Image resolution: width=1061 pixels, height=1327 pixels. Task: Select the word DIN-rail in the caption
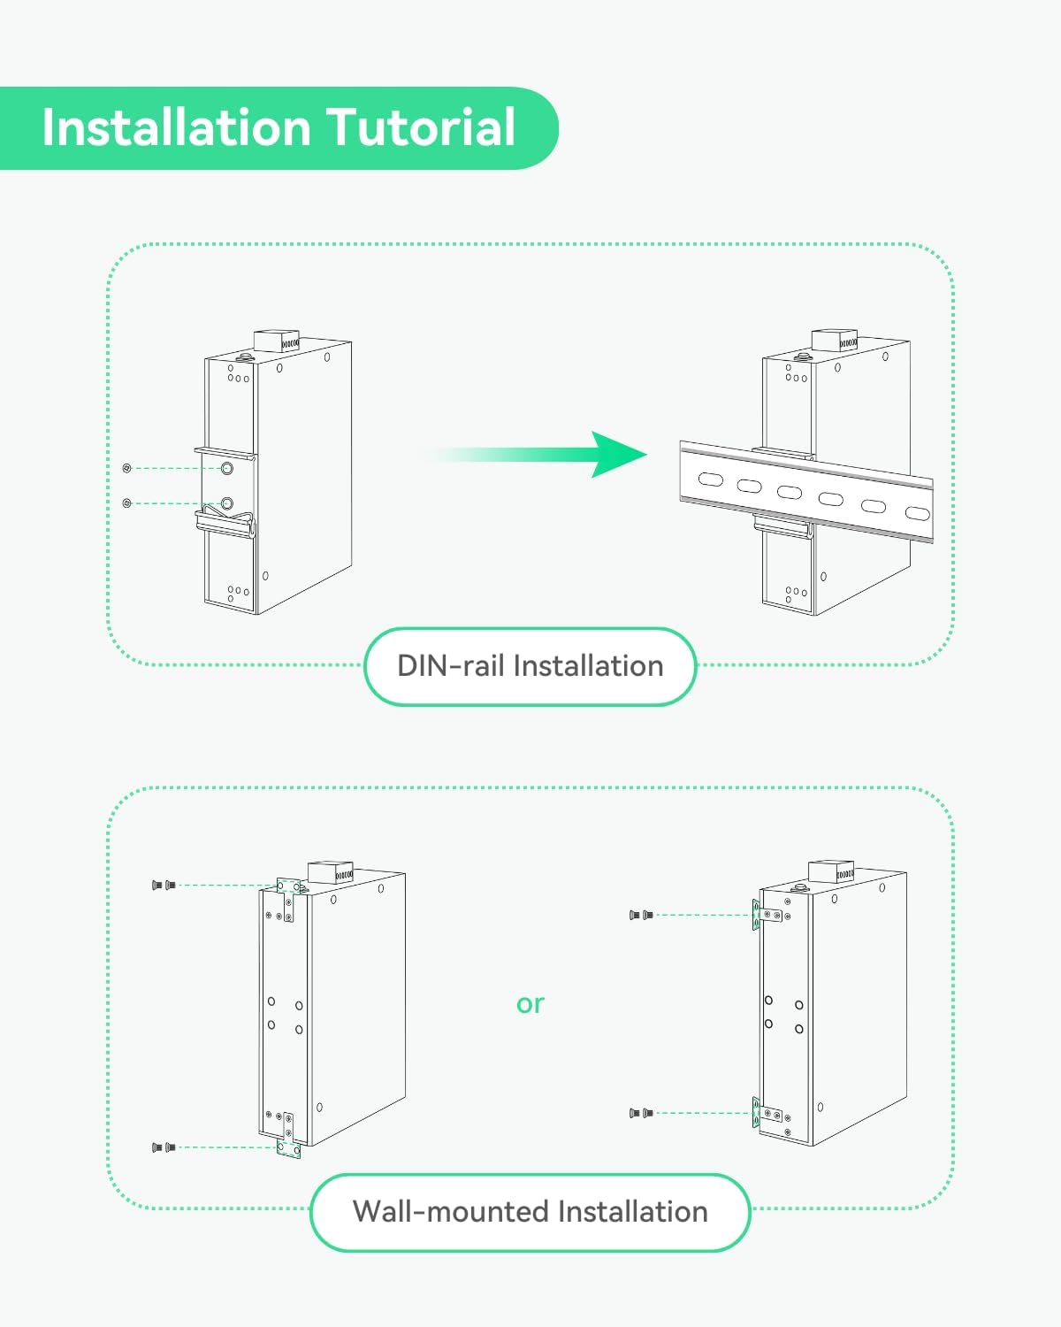click(x=450, y=665)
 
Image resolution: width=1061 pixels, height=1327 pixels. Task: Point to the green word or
click(x=530, y=1003)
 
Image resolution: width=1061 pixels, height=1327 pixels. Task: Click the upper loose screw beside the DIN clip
click(x=127, y=467)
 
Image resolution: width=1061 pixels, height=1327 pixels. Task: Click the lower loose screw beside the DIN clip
click(x=127, y=502)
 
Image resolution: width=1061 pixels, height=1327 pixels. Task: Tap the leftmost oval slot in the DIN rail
click(x=710, y=479)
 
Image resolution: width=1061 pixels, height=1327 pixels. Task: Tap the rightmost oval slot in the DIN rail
click(x=917, y=513)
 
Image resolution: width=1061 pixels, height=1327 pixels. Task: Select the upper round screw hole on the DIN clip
click(x=227, y=468)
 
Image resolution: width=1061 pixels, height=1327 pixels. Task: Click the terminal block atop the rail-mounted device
click(x=834, y=341)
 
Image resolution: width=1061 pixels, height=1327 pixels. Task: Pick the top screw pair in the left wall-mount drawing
click(x=164, y=885)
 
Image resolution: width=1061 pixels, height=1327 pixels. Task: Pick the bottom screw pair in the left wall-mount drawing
click(x=164, y=1147)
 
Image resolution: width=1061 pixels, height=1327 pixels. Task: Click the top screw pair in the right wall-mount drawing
click(x=641, y=915)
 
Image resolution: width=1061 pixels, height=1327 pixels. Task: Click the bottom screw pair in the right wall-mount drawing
click(x=641, y=1113)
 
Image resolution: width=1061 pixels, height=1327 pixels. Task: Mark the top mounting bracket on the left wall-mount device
click(x=286, y=898)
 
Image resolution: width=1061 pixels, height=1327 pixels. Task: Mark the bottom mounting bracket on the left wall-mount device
click(x=288, y=1136)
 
